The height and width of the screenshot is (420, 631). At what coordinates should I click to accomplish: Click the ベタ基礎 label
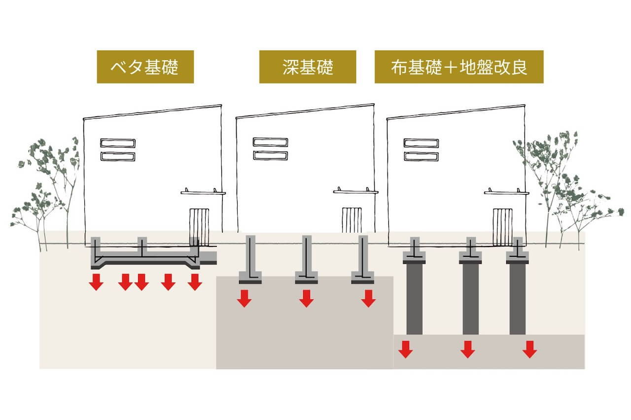(145, 67)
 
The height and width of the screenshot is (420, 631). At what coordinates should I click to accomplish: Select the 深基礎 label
(308, 67)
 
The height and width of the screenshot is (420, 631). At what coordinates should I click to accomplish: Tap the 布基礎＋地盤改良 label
(459, 67)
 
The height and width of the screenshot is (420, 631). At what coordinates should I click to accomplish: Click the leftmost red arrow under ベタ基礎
(96, 281)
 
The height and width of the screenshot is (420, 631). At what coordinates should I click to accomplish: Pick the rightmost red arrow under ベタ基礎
(195, 281)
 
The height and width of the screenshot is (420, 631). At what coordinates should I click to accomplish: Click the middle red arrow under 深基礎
(307, 298)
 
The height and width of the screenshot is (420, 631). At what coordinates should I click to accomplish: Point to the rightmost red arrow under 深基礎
(368, 298)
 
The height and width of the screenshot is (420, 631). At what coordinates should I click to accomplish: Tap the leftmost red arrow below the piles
(406, 350)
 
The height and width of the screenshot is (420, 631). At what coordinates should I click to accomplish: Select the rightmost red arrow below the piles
(529, 350)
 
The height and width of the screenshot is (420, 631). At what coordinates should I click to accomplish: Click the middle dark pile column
(470, 299)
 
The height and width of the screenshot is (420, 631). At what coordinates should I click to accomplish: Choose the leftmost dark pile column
(414, 299)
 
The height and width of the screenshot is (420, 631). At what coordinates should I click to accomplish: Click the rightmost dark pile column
(518, 299)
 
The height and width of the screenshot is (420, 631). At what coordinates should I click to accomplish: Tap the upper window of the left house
(118, 143)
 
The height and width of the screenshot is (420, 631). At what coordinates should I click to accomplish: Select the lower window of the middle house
(271, 155)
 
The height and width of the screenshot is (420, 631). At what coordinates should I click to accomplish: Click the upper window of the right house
(421, 143)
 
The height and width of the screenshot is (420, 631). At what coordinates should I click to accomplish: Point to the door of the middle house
(352, 220)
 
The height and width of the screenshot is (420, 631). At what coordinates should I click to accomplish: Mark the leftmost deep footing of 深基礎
(250, 259)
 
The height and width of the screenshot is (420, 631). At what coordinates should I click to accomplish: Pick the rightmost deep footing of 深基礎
(363, 259)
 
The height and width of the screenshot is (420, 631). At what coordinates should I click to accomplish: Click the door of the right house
(502, 227)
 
